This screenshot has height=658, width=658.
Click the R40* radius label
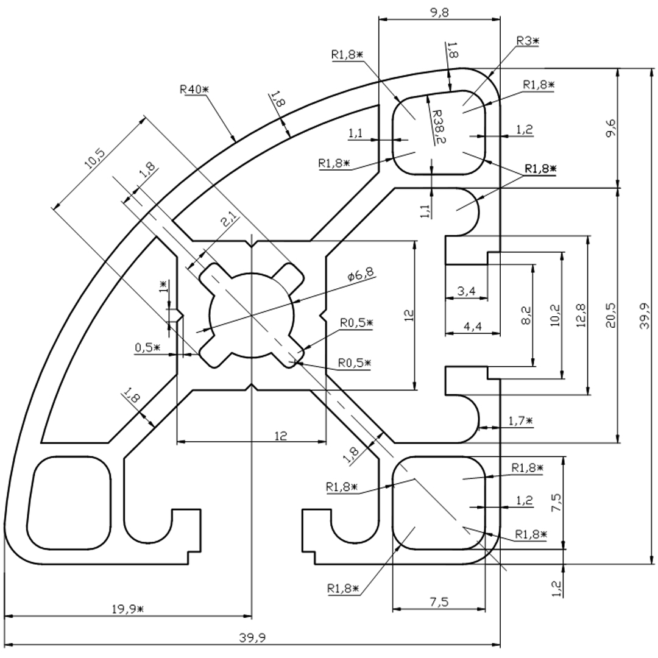[x=194, y=89]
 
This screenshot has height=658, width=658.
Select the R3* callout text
[x=528, y=41]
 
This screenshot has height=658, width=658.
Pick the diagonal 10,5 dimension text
[x=96, y=163]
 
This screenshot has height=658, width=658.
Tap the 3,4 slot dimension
[x=466, y=291]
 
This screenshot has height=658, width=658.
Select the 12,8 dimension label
[x=581, y=315]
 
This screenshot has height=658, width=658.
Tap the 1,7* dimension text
[x=520, y=420]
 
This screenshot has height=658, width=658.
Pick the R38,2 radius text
[x=438, y=127]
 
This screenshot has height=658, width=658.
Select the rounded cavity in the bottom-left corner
[x=69, y=502]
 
